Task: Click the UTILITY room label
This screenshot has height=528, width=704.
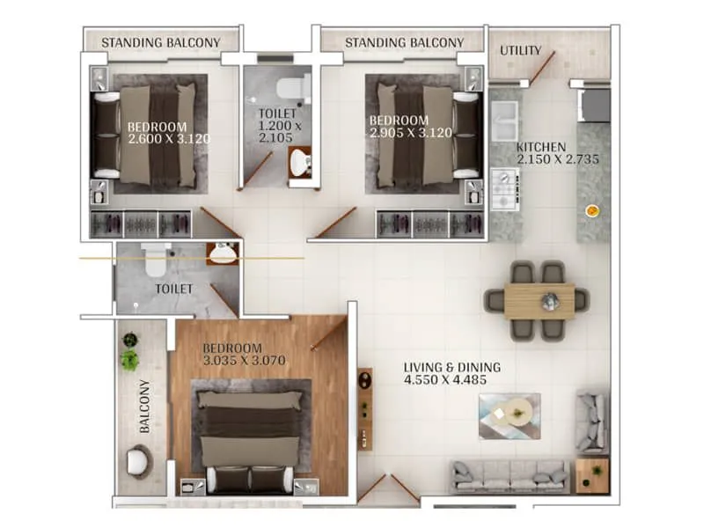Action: tap(521, 50)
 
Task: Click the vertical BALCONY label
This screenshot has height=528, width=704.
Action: tap(144, 407)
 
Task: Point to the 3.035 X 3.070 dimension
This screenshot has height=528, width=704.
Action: tap(245, 361)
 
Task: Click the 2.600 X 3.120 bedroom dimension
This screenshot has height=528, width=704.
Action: tap(170, 138)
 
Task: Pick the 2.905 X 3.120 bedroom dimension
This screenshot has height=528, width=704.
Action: tap(411, 133)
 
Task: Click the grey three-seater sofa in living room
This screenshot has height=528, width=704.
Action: tap(510, 476)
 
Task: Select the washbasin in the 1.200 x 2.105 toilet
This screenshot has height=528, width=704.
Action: tap(300, 162)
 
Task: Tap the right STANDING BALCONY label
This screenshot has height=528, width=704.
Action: tap(404, 42)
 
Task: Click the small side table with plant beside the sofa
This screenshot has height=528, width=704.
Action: tap(592, 474)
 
